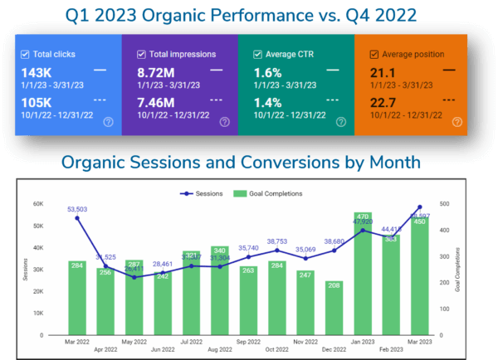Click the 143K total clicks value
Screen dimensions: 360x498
click(37, 72)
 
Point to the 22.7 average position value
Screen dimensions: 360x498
click(383, 102)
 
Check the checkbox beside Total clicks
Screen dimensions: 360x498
click(26, 54)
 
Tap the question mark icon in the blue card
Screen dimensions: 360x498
click(108, 122)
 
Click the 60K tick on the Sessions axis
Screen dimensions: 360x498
click(38, 204)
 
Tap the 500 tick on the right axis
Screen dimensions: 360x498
click(447, 204)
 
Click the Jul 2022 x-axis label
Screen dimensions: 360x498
click(193, 341)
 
